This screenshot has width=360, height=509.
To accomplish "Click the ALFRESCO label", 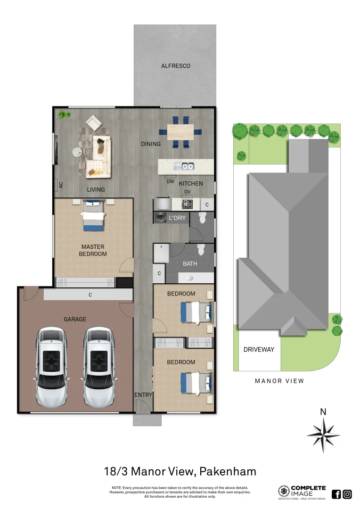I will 176,66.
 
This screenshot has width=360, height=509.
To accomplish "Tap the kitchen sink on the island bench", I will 183,166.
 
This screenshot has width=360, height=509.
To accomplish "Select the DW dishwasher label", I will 171,181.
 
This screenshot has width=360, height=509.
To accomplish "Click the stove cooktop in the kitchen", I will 188,204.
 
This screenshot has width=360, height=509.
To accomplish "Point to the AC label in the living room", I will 61,185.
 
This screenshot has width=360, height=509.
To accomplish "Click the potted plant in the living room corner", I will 62,114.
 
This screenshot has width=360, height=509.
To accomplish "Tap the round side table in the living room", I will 77,152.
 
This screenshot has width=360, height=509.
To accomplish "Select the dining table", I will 180,132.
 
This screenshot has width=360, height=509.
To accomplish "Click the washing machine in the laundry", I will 161,217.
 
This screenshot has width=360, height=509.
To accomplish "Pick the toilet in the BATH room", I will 201,249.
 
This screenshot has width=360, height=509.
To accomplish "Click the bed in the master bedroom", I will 93,216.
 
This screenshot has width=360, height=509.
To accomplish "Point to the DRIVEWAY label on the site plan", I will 259,350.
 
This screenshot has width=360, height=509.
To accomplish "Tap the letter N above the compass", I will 323,412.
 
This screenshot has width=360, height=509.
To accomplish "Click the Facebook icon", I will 336,494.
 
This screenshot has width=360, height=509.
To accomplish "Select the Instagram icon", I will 347,494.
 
